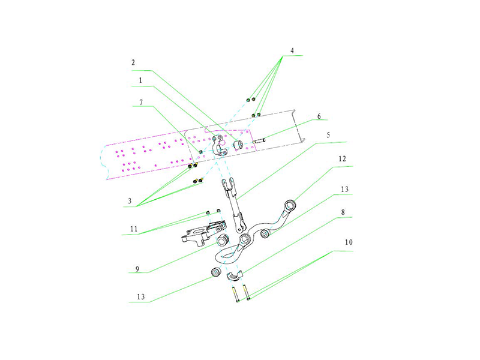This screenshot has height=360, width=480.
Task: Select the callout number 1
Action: pos(140,79)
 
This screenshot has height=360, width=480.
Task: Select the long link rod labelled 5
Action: pos(232,204)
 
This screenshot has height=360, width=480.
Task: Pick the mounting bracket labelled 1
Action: pos(220,145)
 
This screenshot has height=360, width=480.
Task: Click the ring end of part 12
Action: pos(290,207)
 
